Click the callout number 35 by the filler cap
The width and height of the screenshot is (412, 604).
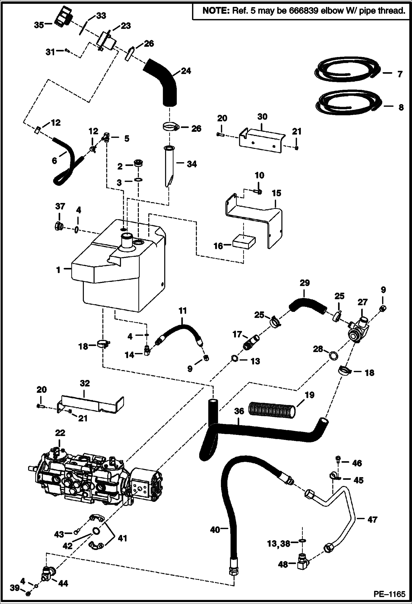click(39, 25)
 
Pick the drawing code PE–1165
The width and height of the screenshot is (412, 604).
click(389, 594)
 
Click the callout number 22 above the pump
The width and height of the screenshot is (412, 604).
click(60, 433)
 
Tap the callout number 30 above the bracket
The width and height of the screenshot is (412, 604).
click(262, 117)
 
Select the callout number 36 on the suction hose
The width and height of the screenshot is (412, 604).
click(239, 411)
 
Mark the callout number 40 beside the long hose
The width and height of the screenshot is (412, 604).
click(215, 529)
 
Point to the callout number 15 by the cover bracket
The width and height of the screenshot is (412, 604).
click(276, 193)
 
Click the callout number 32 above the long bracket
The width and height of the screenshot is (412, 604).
click(85, 383)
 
